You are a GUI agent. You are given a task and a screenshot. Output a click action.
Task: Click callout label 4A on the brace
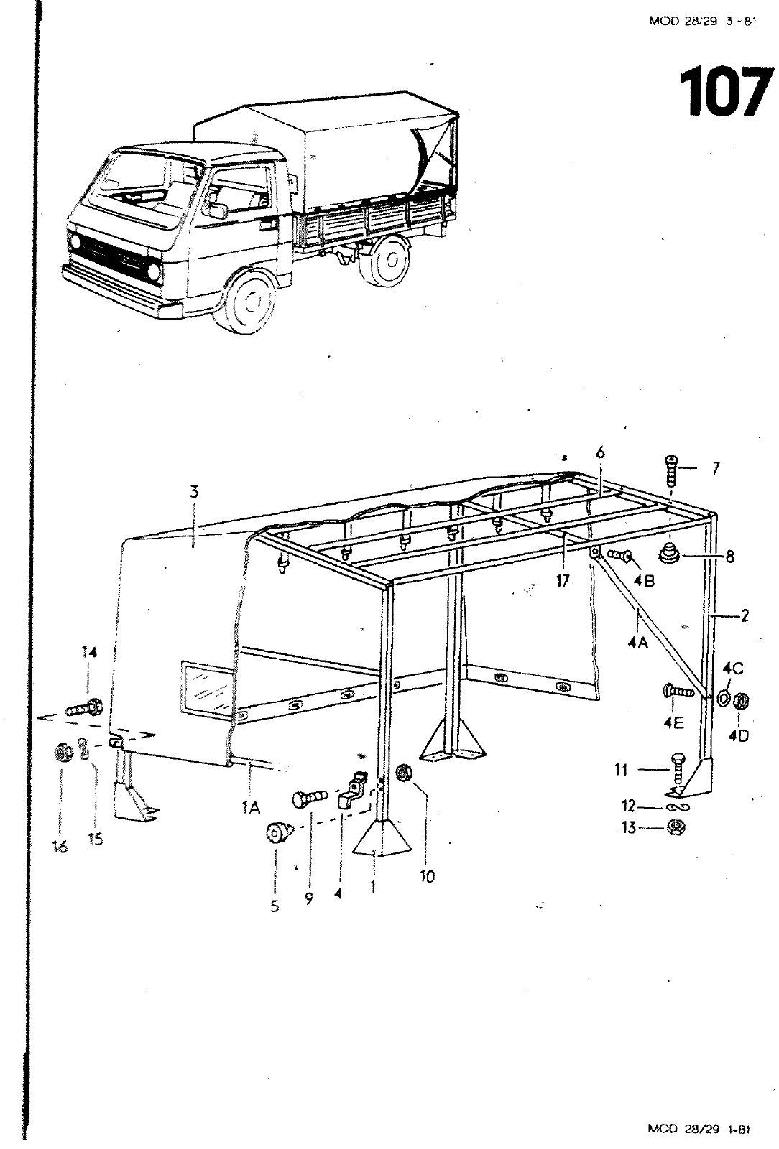click(637, 643)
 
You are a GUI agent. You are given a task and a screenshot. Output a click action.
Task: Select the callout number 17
click(563, 580)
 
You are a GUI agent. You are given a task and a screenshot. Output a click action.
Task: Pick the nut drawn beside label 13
click(676, 827)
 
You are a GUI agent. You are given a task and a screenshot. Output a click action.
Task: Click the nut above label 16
click(63, 753)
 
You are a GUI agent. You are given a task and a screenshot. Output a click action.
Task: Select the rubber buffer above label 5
click(277, 834)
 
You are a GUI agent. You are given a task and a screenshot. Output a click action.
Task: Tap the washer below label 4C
click(723, 696)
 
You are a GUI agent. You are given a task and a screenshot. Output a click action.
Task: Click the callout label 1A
click(250, 809)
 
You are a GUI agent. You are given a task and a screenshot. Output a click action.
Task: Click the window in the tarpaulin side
click(206, 688)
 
